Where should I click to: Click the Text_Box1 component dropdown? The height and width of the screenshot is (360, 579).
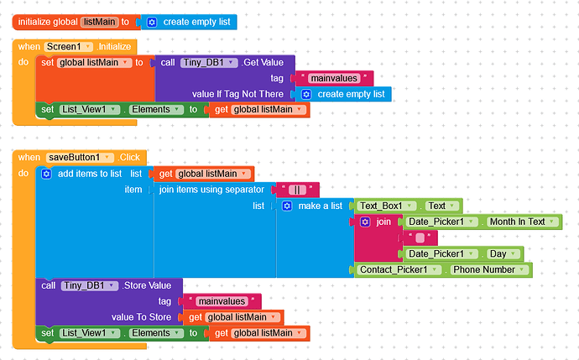click(388, 206)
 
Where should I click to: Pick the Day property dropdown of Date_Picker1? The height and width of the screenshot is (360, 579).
click(503, 253)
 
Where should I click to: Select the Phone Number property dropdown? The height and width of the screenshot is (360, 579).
click(490, 269)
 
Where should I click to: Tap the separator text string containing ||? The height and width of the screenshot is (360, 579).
click(297, 190)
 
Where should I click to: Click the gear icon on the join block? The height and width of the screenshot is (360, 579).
click(365, 222)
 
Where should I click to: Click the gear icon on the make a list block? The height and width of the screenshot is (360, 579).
click(287, 206)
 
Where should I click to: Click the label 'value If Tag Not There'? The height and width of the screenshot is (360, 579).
click(239, 94)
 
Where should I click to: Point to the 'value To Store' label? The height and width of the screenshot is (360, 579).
click(141, 317)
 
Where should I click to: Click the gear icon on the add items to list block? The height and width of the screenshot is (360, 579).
click(47, 174)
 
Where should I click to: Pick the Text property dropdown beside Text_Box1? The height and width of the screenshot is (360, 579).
click(440, 206)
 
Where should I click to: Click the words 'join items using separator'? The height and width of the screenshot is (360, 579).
click(213, 190)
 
